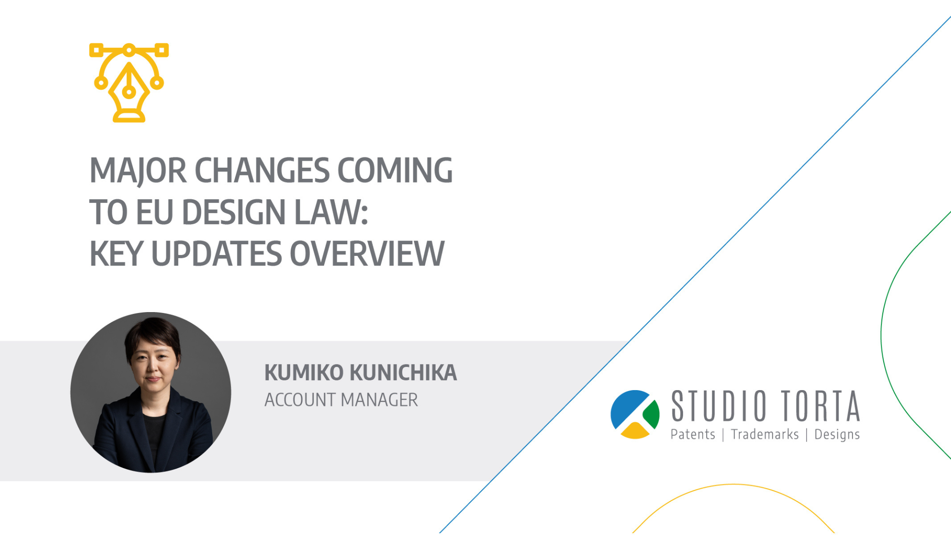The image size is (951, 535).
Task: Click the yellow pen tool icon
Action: [129, 83]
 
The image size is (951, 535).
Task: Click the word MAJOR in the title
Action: [138, 171]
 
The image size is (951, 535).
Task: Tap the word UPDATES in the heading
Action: [216, 254]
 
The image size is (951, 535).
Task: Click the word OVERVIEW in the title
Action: [367, 254]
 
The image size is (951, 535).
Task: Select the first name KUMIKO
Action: [304, 372]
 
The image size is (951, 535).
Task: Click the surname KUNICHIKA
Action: [403, 372]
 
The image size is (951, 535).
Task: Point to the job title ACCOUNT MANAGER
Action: [341, 400]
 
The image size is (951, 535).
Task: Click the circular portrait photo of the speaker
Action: [151, 392]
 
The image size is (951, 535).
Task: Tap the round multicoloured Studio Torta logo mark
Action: [635, 414]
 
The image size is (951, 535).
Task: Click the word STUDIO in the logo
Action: [718, 406]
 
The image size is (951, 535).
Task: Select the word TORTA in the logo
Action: [821, 406]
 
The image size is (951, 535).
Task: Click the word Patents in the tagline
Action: [693, 435]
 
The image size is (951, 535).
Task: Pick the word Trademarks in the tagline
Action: [765, 435]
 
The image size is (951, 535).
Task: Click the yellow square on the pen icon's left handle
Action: [96, 50]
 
